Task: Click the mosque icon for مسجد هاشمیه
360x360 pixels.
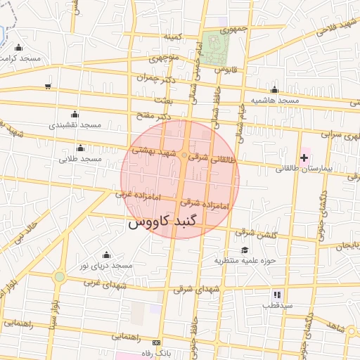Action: click(274, 90)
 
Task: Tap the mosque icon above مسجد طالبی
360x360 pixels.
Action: click(80, 148)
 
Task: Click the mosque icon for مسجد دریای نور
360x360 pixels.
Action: click(106, 255)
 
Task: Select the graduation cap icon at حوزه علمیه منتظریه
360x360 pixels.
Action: click(244, 250)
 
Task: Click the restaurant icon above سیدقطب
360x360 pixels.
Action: click(276, 294)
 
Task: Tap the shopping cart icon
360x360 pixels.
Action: click(47, 86)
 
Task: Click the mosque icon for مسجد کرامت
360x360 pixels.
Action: click(18, 48)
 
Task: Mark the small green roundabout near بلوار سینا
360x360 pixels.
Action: click(60, 277)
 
